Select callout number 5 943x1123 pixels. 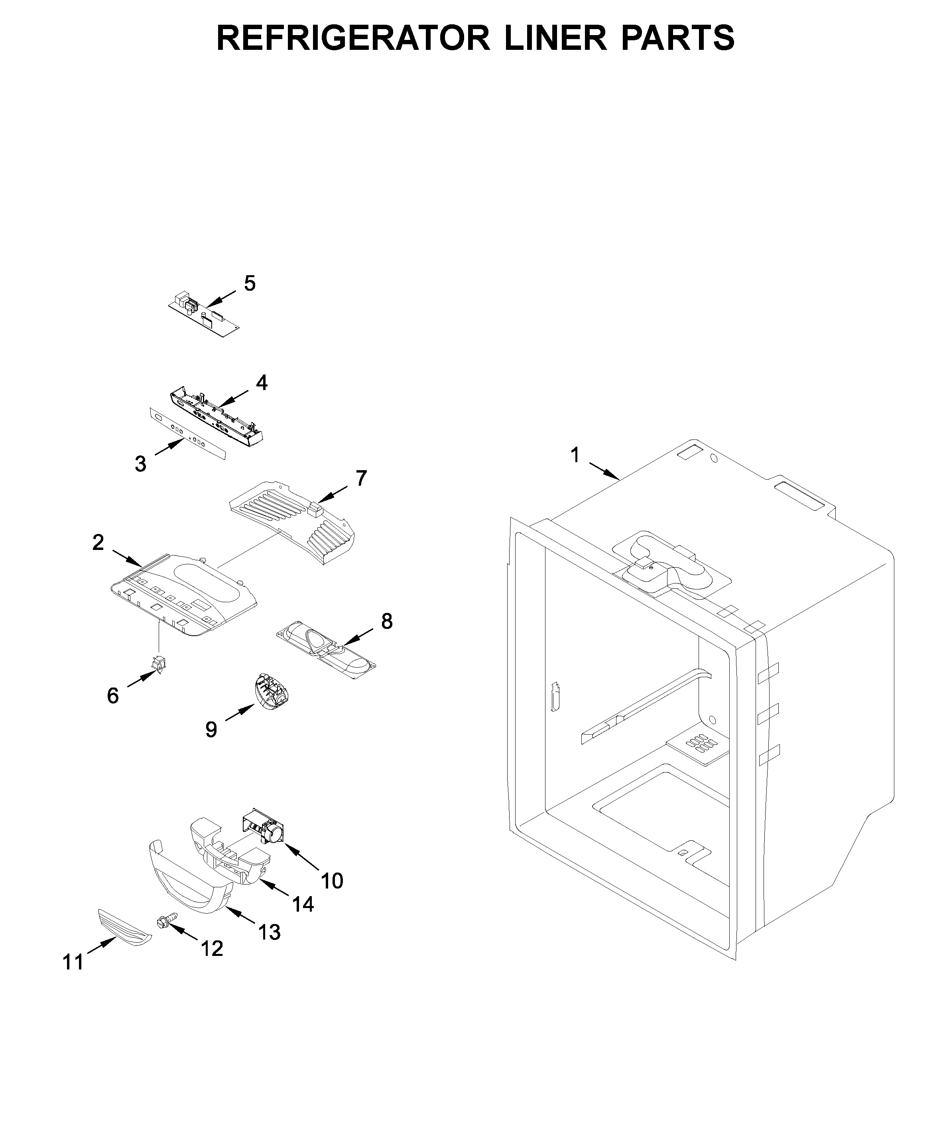[250, 284]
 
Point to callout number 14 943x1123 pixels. [303, 903]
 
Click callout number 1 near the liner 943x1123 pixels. [575, 455]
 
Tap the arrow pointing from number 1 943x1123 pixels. [604, 471]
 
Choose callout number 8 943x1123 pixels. [386, 621]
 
